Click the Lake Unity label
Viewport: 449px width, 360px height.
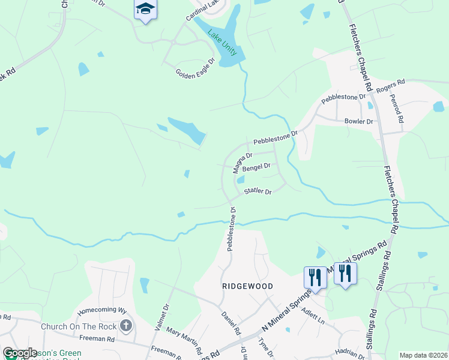click(223, 43)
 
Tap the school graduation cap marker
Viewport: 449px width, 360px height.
click(145, 10)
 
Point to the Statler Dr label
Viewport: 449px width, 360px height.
click(258, 192)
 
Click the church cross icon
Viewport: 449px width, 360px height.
click(125, 326)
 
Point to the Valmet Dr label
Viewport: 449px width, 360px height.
click(160, 313)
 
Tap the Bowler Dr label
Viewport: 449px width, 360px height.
click(359, 121)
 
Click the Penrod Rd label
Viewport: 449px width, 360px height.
click(397, 108)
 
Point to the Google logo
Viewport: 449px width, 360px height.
click(20, 353)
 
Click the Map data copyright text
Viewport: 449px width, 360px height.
click(423, 355)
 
